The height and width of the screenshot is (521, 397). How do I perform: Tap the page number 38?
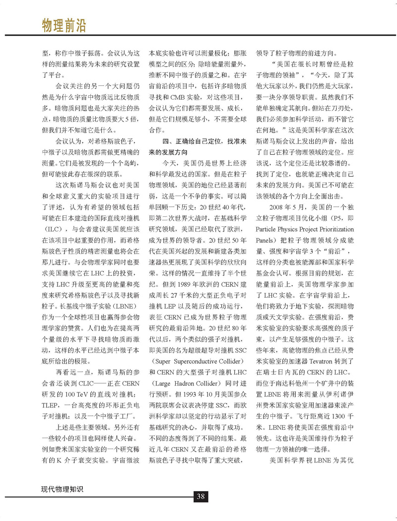click(x=200, y=497)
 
